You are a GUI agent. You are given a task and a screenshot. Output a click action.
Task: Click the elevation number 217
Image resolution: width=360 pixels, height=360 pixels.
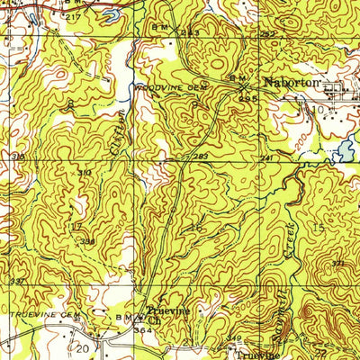coord(72,18)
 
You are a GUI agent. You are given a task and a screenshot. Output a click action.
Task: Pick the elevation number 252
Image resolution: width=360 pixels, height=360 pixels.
coord(268,35)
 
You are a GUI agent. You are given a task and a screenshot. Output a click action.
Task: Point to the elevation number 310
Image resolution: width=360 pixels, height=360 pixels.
coord(85,172)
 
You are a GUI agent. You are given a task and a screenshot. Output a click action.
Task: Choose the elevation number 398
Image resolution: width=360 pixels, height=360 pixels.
coord(86,241)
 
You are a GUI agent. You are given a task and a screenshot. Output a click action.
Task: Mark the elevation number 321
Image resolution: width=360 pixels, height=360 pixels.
coord(338,263)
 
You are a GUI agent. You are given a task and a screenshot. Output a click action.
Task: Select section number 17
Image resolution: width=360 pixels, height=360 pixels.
coord(76,226)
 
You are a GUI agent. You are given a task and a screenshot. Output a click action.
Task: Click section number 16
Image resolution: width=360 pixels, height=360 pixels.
coord(198,229)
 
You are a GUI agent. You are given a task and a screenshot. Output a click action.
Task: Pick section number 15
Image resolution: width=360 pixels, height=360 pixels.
coord(319,228)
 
